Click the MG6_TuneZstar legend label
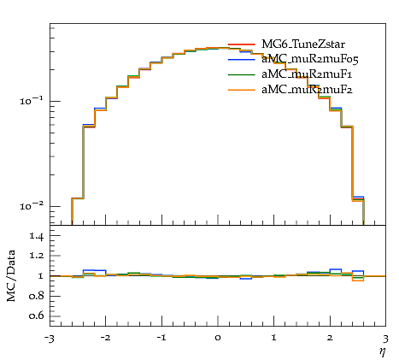(x=303, y=44)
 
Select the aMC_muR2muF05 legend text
(x=310, y=59)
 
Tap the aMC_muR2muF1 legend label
(x=307, y=74)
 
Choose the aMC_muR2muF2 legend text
(x=307, y=90)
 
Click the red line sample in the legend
(x=241, y=44)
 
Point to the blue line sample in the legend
(x=241, y=60)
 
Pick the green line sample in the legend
(x=241, y=74)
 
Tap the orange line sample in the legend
(x=241, y=90)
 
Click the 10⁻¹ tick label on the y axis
(x=32, y=100)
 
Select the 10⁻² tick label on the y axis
(x=32, y=205)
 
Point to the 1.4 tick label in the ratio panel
(x=37, y=236)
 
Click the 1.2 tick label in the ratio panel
(x=37, y=256)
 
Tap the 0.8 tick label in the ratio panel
(x=37, y=296)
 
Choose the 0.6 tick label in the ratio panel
(x=37, y=316)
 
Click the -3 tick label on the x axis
(x=50, y=339)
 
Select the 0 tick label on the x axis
(x=218, y=338)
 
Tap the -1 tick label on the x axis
(x=161, y=338)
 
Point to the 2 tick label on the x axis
(x=330, y=338)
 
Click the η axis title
(x=383, y=352)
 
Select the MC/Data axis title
(x=11, y=276)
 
